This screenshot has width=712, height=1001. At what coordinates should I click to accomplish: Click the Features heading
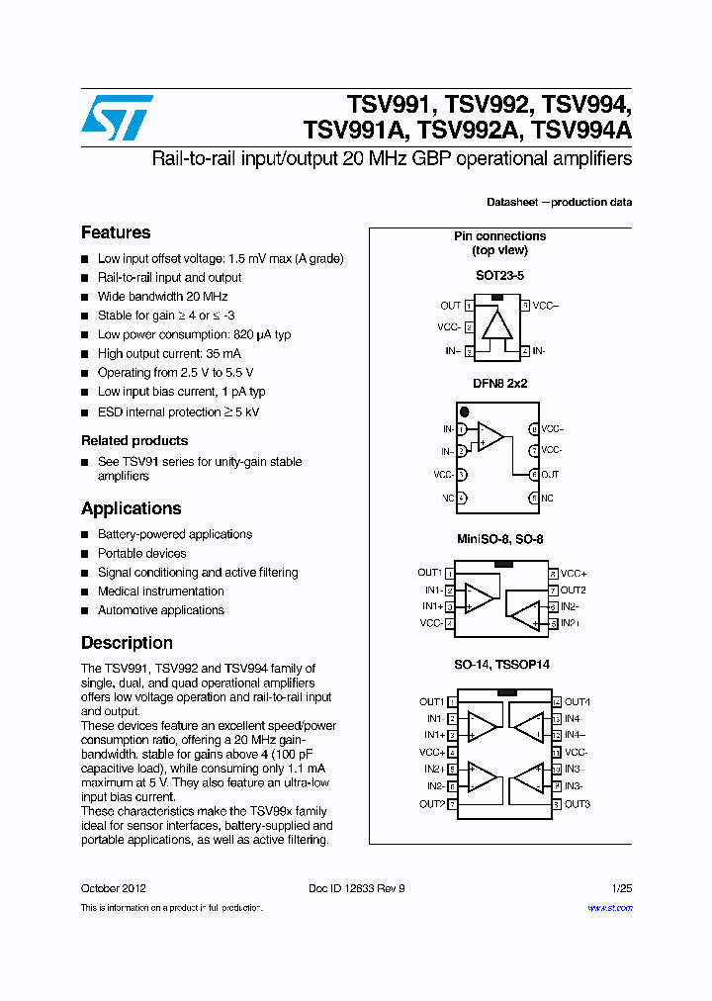tap(116, 232)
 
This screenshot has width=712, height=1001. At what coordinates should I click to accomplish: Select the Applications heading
tap(131, 508)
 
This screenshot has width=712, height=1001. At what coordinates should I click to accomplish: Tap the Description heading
tap(127, 643)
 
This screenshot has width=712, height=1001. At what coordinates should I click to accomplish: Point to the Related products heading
tap(134, 440)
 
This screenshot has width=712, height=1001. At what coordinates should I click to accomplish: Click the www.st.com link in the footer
tap(610, 908)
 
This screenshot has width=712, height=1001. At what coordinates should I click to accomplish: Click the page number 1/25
tap(622, 888)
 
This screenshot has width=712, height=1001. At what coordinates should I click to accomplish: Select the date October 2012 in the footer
tap(114, 888)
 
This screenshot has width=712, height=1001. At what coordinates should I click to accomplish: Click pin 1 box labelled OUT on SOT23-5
tap(469, 306)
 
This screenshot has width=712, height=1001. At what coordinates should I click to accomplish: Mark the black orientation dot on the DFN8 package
tap(463, 410)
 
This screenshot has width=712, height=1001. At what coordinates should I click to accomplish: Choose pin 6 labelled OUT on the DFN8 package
tap(534, 475)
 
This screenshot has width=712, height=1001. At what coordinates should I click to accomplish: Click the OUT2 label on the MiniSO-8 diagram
tap(574, 591)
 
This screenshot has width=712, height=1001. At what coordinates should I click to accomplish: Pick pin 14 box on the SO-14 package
tap(557, 702)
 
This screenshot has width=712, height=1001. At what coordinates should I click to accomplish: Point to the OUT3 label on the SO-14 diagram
tap(578, 804)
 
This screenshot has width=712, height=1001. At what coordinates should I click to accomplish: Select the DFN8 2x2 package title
tap(499, 383)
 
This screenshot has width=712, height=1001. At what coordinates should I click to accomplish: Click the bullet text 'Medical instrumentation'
tap(160, 591)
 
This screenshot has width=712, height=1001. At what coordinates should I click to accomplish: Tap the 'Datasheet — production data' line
tap(559, 202)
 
